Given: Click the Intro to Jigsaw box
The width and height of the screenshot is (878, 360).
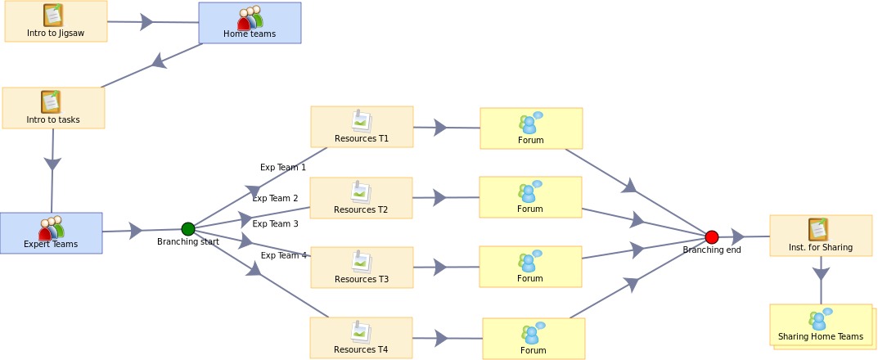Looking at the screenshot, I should click(x=56, y=21).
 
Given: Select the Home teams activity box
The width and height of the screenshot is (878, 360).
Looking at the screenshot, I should click(x=250, y=23).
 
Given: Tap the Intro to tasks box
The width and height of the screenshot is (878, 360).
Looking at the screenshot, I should click(x=53, y=108).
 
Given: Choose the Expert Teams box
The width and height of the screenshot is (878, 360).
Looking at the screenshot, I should click(x=51, y=233).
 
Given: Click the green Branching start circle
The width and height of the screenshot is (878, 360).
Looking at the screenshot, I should click(x=188, y=229).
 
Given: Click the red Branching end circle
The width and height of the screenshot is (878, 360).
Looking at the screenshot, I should click(x=712, y=237).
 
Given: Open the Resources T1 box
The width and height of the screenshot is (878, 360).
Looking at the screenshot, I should click(x=362, y=127).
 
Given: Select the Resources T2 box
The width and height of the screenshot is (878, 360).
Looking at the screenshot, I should click(x=361, y=198).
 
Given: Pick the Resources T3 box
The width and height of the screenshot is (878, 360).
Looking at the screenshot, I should click(x=362, y=268).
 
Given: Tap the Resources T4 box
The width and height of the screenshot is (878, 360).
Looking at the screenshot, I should click(x=361, y=338).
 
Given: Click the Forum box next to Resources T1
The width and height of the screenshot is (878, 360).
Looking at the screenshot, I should click(x=531, y=128).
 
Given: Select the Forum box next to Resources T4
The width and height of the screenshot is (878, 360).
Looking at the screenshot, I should click(x=534, y=339).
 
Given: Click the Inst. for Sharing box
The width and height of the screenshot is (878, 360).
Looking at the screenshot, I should click(x=821, y=236).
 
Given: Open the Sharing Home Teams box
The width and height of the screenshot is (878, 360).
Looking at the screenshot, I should click(x=821, y=325).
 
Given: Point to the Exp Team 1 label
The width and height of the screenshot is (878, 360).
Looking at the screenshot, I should click(x=283, y=168).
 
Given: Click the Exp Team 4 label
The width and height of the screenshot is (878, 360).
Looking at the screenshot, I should click(x=284, y=256).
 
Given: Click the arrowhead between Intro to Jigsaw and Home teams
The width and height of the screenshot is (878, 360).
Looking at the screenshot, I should click(x=146, y=22).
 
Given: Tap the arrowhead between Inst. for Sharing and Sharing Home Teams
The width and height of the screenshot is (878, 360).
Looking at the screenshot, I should click(x=821, y=273).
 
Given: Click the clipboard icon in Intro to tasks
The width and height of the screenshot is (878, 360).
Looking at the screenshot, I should click(x=51, y=101).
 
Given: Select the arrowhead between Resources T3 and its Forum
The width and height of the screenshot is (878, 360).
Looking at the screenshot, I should click(x=440, y=267).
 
